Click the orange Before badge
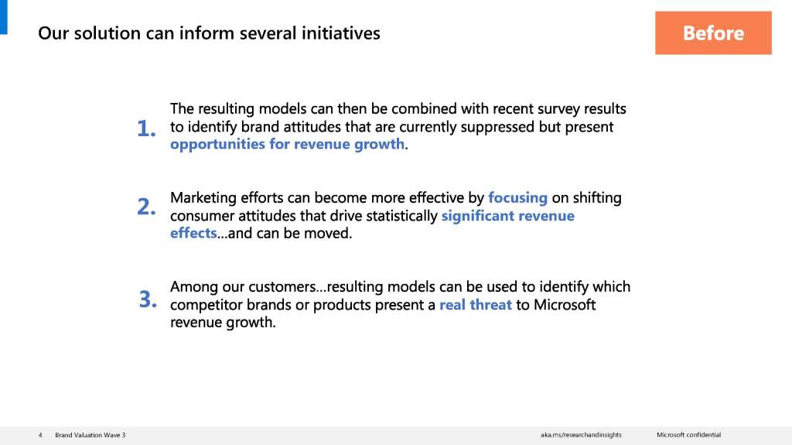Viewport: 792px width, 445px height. pos(713,33)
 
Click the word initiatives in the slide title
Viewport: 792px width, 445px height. pos(341,33)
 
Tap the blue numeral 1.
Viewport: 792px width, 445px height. pos(146,128)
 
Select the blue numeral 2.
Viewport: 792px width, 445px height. pos(146,207)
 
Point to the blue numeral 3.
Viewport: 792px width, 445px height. pos(148,299)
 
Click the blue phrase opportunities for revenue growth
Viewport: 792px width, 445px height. pos(288,144)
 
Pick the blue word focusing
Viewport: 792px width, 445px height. pos(517,197)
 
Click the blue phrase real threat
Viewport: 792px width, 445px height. pos(476,304)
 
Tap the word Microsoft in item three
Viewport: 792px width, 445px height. pos(565,304)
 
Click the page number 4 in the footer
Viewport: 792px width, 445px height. pos(40,435)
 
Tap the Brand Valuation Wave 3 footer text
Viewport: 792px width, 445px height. pos(90,435)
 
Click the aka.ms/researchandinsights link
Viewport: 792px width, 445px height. pos(581,435)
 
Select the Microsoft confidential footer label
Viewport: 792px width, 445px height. pos(689,435)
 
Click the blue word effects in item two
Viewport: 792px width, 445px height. pos(193,233)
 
